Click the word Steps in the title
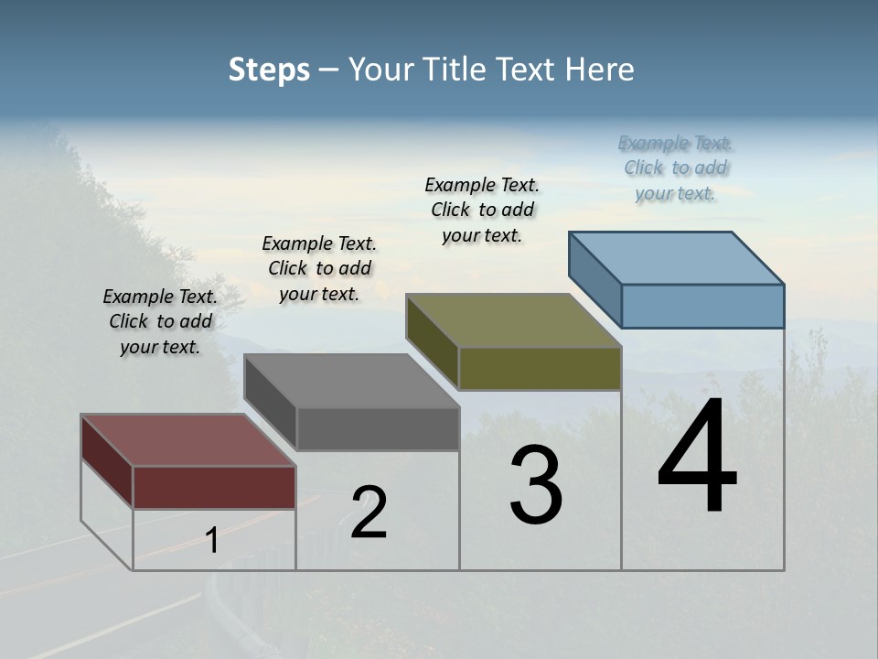pos(269,70)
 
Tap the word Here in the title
pos(599,70)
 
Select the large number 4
pos(697,458)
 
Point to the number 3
pos(536,485)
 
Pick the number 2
pos(369,513)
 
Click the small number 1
pos(212,541)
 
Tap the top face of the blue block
pos(677,257)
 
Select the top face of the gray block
pos(351,380)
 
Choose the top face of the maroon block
pos(188,440)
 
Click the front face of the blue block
pos(702,306)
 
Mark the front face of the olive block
pos(540,368)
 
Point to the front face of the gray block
pos(378,428)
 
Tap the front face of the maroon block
pos(214,487)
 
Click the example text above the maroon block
pos(160,321)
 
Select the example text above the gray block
pos(319,268)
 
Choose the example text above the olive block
pos(482,210)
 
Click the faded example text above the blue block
pos(676,167)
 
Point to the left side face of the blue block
pos(595,279)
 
